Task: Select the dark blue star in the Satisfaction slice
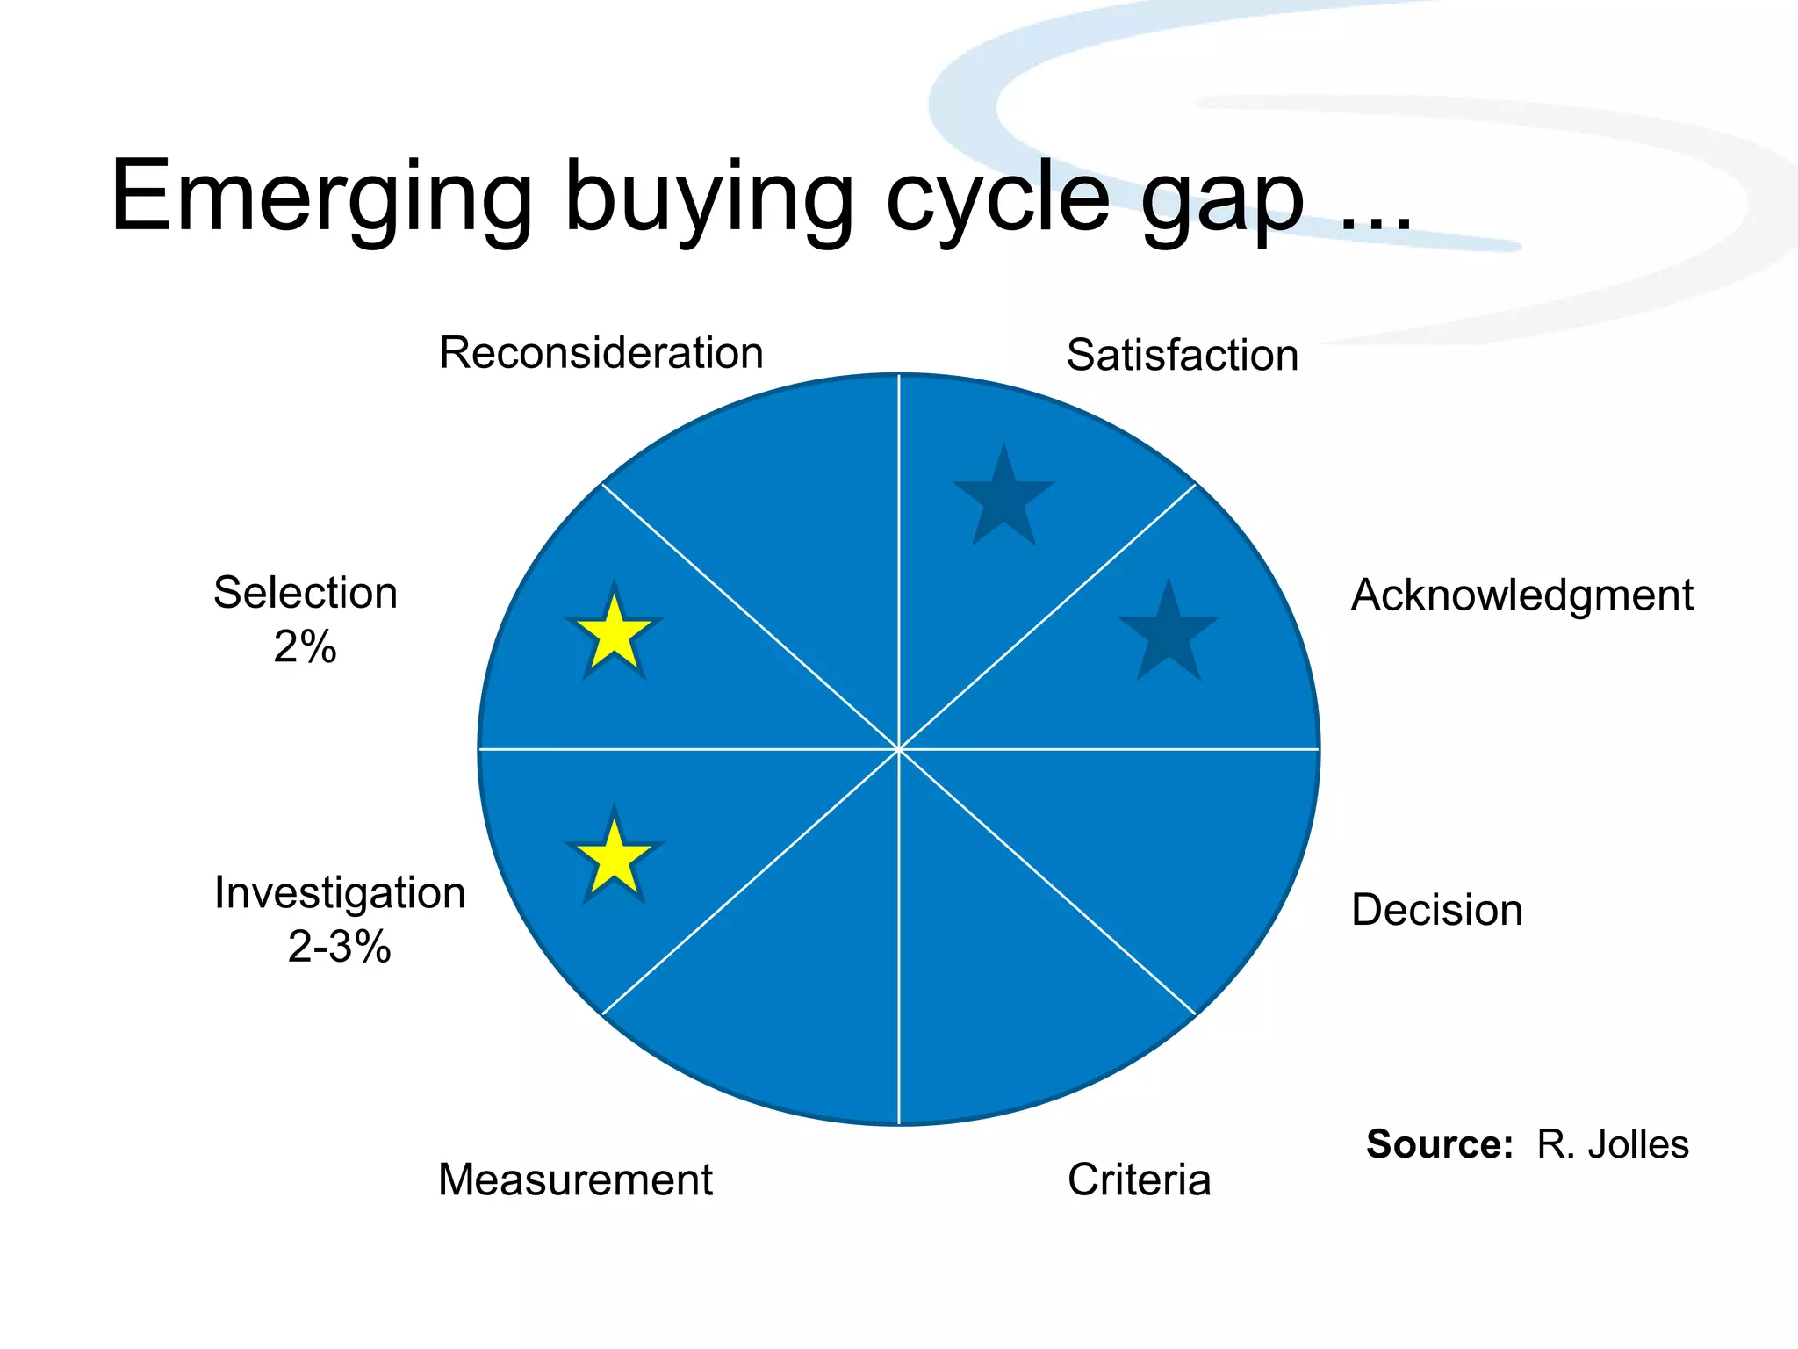point(1003,499)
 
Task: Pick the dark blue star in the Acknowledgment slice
point(1169,634)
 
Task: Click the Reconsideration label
point(601,353)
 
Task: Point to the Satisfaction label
point(1182,356)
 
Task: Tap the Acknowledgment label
point(1521,595)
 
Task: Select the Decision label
point(1436,910)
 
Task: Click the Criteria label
point(1139,1179)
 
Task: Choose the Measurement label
point(575,1179)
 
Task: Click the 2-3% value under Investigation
point(339,947)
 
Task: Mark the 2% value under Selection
point(305,647)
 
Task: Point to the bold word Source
point(1439,1144)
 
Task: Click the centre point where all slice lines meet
point(899,749)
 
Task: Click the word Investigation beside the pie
point(340,893)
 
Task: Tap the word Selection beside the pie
point(305,593)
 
